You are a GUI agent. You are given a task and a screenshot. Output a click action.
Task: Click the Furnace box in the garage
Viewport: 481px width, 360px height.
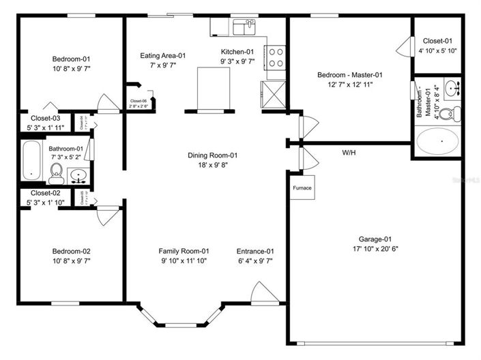[302, 188]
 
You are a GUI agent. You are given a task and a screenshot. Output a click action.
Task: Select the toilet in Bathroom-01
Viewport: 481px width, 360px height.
[57, 173]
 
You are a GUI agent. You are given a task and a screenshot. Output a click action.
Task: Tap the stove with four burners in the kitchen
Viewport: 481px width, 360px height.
[275, 57]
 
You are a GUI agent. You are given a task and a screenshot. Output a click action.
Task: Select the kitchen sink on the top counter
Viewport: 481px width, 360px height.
[244, 27]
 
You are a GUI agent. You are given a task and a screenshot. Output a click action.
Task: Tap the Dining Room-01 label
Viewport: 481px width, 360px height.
[212, 155]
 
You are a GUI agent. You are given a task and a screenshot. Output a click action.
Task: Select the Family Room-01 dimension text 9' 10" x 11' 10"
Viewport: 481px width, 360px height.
[184, 260]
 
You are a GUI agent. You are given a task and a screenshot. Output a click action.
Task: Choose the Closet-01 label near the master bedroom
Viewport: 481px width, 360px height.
[437, 40]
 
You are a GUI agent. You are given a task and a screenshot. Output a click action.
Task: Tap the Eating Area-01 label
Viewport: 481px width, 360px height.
[163, 56]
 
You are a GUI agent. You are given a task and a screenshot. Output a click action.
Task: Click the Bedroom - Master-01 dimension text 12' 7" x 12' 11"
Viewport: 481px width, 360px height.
[349, 85]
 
